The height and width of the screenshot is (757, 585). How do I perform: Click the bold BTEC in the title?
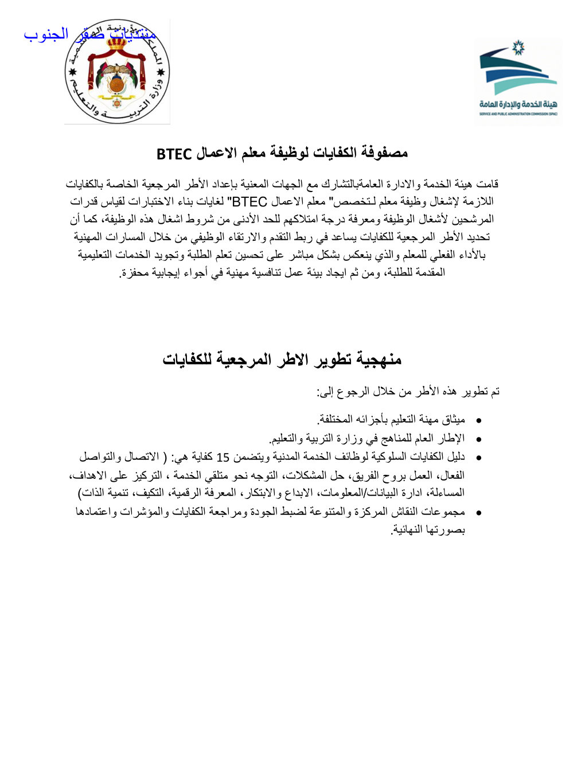pos(174,154)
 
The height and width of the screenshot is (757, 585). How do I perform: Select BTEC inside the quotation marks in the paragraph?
pos(249,202)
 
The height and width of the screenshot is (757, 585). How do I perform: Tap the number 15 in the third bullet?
pos(223,457)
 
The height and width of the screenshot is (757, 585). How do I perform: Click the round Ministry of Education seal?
pos(117,72)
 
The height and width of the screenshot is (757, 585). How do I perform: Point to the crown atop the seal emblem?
pos(117,42)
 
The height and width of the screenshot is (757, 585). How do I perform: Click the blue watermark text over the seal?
pos(90,34)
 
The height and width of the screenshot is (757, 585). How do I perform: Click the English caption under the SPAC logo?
pos(518,114)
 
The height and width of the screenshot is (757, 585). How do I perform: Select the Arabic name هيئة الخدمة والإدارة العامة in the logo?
pos(518,104)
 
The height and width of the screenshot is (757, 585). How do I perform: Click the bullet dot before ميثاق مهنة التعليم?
pos(478,421)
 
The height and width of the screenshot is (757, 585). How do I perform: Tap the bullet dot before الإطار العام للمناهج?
pos(478,439)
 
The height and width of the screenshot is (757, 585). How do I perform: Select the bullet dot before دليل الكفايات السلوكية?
pos(478,458)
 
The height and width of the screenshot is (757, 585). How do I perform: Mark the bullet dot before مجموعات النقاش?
pos(478,513)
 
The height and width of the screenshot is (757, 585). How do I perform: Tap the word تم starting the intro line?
pos(494,392)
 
